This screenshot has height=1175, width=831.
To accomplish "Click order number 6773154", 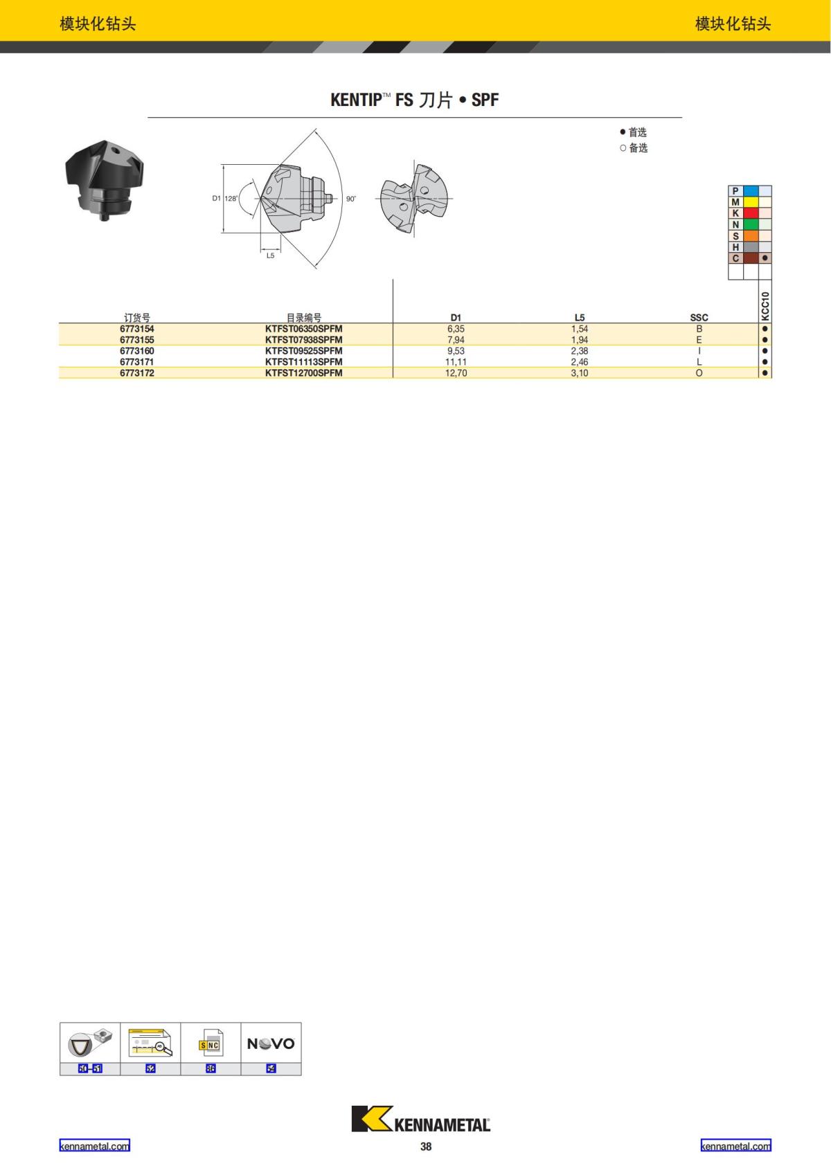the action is (x=137, y=329).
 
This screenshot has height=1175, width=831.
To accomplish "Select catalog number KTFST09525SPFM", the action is (x=304, y=351).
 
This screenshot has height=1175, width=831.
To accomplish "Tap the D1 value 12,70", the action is (x=456, y=373).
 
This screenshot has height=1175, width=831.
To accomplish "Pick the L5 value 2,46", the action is (x=579, y=362).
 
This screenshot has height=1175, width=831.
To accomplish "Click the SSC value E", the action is (x=699, y=340).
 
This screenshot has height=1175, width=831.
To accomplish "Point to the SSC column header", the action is (x=699, y=317).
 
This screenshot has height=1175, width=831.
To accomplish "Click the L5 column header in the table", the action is (x=579, y=317).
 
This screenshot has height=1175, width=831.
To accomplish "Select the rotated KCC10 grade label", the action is (x=765, y=306).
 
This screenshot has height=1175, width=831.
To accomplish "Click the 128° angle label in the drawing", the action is (x=231, y=199).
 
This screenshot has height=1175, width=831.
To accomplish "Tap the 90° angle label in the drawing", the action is (x=351, y=199).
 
